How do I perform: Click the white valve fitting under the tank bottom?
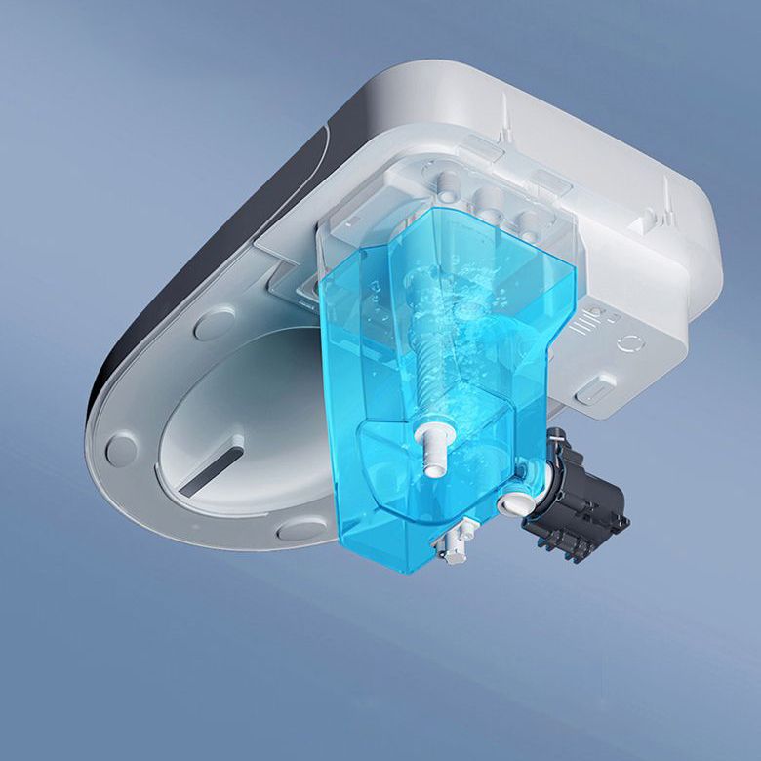pyautogui.click(x=457, y=541)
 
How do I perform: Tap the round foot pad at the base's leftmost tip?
pyautogui.click(x=121, y=450)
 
